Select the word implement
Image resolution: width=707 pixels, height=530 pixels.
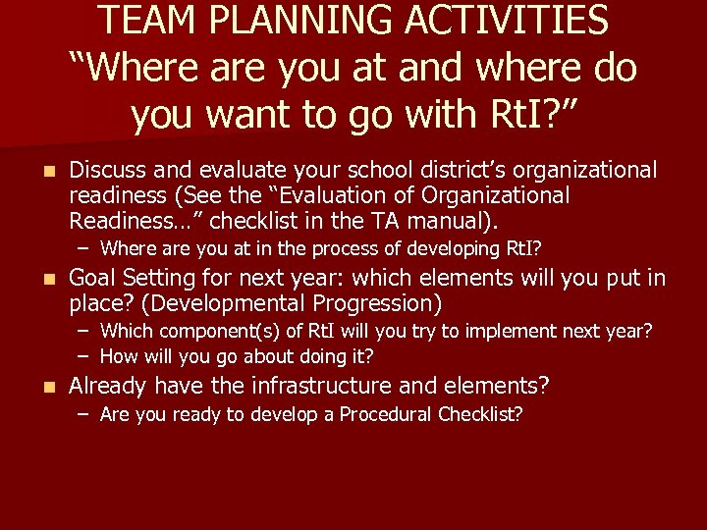click(472, 332)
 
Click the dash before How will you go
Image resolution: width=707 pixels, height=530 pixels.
click(84, 355)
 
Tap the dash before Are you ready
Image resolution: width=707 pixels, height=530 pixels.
click(84, 414)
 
